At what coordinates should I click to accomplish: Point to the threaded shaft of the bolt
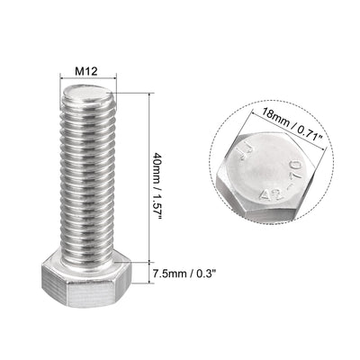tap(88, 180)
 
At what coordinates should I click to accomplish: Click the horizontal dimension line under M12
tap(88, 78)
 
